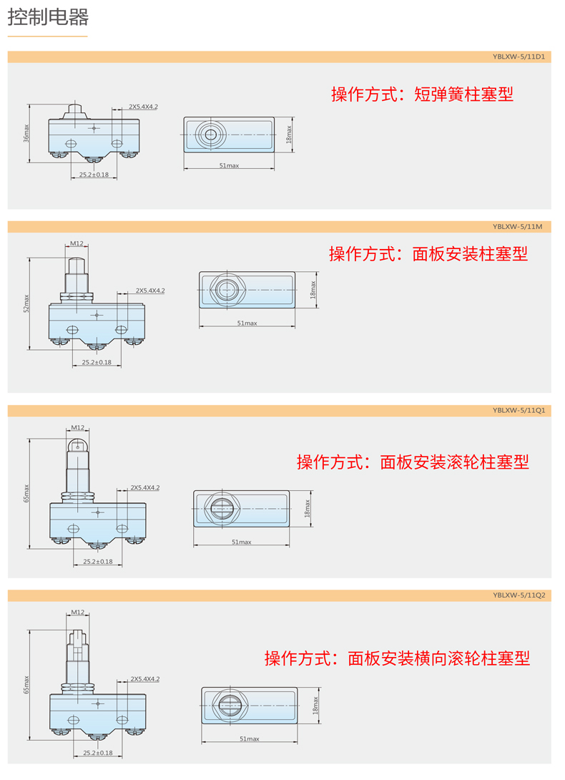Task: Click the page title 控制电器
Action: point(48,17)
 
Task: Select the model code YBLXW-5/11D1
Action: point(519,57)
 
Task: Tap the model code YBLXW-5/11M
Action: point(517,227)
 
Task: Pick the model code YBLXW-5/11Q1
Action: point(519,411)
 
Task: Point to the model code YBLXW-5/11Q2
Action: point(519,595)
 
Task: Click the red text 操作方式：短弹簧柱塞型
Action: point(422,94)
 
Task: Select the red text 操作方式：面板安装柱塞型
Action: point(428,254)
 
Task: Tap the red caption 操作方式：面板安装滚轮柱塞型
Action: point(413,462)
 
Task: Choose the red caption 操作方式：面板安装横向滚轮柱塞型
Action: point(397,658)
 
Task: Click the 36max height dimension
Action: point(26,133)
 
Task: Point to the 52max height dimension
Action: point(26,303)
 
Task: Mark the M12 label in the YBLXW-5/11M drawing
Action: point(77,243)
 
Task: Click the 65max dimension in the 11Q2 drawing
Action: point(26,685)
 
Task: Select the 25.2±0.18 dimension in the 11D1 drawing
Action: point(94,175)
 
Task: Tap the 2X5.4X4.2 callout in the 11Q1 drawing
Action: point(145,487)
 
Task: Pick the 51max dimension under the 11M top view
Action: point(247,323)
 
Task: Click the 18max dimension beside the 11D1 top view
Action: point(289,135)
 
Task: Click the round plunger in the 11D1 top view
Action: point(211,135)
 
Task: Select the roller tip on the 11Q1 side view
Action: point(77,445)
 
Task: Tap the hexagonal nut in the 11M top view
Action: point(227,290)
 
